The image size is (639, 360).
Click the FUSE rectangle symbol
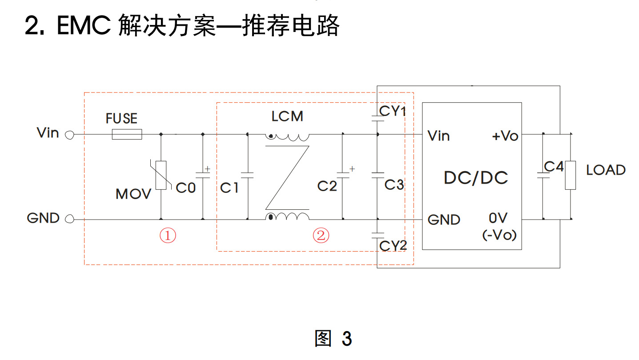pyautogui.click(x=127, y=134)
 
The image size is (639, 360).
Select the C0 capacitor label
pyautogui.click(x=186, y=188)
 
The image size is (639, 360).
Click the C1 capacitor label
pyautogui.click(x=229, y=188)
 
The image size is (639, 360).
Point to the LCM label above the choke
pyautogui.click(x=287, y=116)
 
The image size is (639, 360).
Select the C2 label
pyautogui.click(x=327, y=186)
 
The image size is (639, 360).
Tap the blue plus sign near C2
pyautogui.click(x=352, y=168)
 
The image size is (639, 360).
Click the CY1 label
pyautogui.click(x=393, y=111)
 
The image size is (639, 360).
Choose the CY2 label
pyautogui.click(x=393, y=245)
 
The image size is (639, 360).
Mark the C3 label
pyautogui.click(x=394, y=184)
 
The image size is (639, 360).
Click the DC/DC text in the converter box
pyautogui.click(x=476, y=178)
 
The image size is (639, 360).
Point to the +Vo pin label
pyautogui.click(x=505, y=136)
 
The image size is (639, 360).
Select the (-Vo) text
pyautogui.click(x=499, y=235)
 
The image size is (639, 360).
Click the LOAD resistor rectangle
pyautogui.click(x=570, y=175)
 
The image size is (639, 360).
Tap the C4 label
pyautogui.click(x=554, y=167)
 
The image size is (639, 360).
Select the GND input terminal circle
pyautogui.click(x=69, y=219)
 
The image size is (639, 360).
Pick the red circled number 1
pyautogui.click(x=168, y=236)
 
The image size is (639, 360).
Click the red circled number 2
pyautogui.click(x=321, y=236)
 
